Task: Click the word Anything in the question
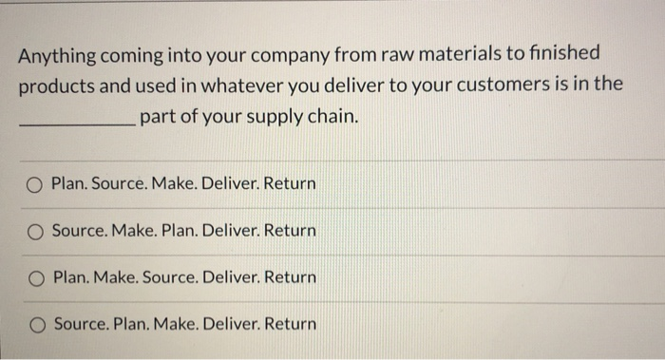[x=53, y=54]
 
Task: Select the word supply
[x=250, y=118]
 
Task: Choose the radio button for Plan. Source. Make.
[x=35, y=183]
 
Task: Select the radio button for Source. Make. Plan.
[x=35, y=231]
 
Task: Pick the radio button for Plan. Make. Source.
[x=35, y=278]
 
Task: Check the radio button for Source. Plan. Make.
[x=35, y=325]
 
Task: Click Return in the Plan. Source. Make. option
[x=292, y=182]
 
